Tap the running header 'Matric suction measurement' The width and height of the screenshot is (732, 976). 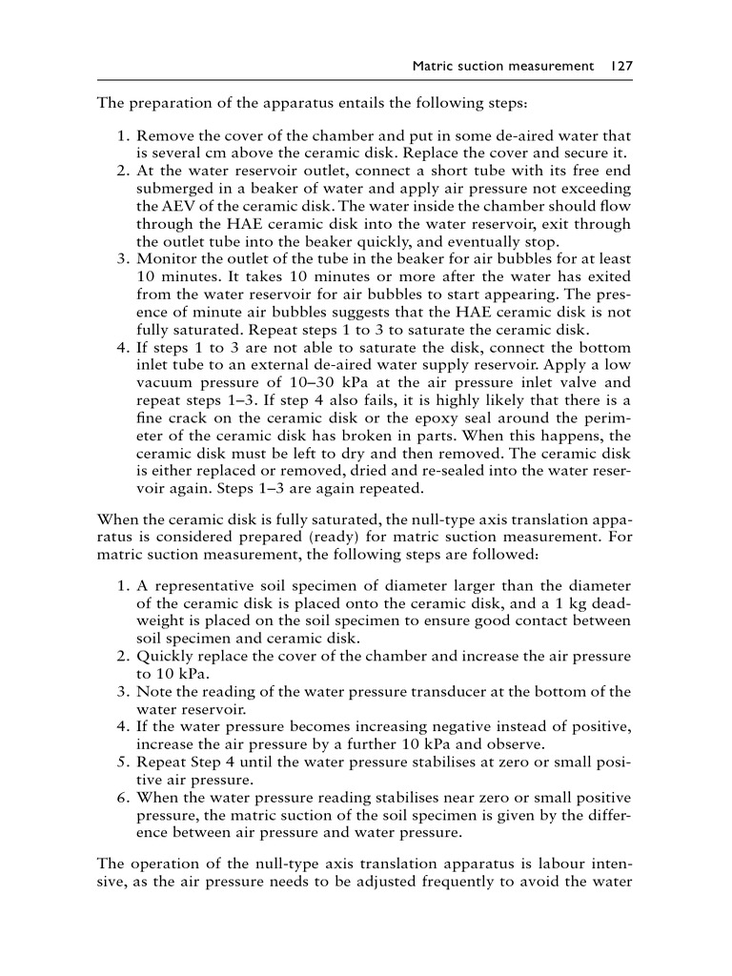[502, 66]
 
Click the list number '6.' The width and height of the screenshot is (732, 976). [124, 797]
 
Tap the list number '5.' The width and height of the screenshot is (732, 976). [124, 762]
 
